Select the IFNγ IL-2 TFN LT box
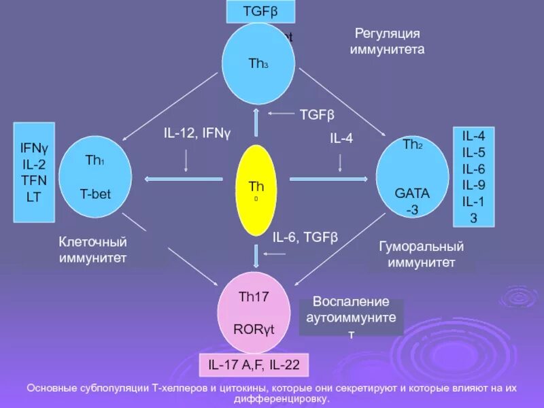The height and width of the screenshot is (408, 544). click(x=35, y=172)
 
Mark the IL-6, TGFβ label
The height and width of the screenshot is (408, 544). click(x=305, y=237)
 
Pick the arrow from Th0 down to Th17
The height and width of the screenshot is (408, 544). click(x=256, y=254)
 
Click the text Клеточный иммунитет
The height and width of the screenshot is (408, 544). click(x=93, y=250)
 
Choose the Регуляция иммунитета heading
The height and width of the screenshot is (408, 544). click(x=387, y=41)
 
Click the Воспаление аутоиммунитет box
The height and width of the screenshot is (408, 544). click(x=351, y=318)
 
